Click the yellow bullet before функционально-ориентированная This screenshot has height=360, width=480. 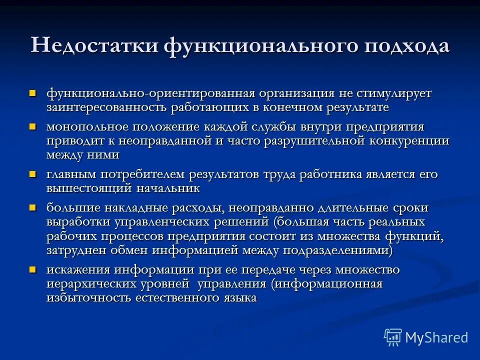[x=33, y=93]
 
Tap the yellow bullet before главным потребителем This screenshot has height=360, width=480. [x=33, y=174]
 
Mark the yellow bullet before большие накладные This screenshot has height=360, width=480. [x=33, y=207]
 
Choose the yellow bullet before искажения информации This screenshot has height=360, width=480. [x=33, y=269]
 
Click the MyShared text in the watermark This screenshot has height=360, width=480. [x=436, y=337]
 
